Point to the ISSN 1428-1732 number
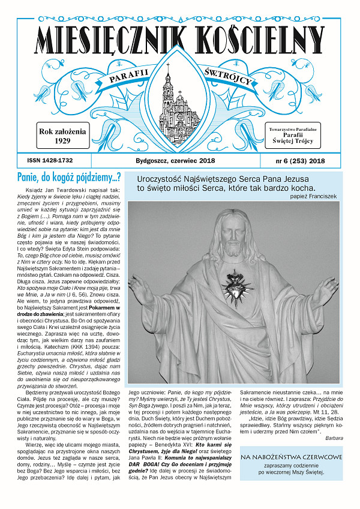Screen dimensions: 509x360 54,161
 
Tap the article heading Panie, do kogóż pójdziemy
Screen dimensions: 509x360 70,177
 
